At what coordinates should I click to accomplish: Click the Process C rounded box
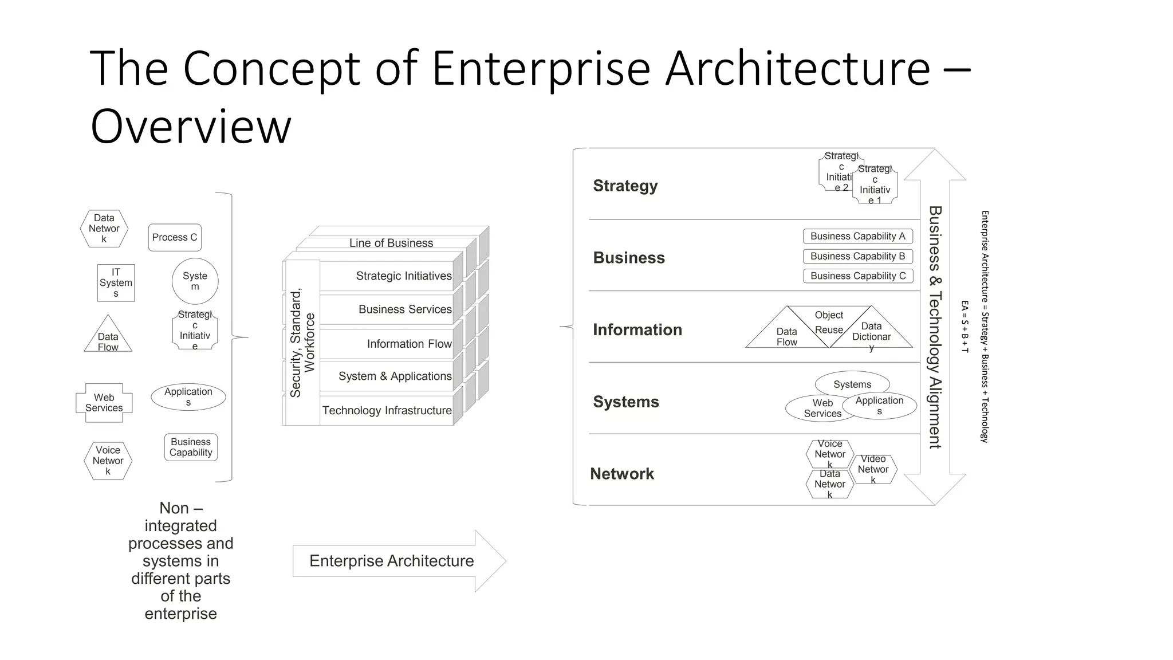[x=175, y=237]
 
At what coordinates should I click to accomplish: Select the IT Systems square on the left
[x=116, y=282]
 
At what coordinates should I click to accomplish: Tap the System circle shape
[x=195, y=281]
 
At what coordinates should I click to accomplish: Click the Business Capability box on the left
[x=191, y=447]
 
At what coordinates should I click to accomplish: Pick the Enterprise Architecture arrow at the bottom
[x=392, y=560]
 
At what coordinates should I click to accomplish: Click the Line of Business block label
[x=391, y=243]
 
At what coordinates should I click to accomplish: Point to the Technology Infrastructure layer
[x=387, y=410]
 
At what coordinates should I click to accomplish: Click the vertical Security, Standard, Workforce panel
[x=302, y=343]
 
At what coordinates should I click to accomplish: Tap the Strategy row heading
[x=625, y=186]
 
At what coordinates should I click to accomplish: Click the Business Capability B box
[x=857, y=256]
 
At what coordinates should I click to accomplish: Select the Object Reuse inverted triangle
[x=829, y=322]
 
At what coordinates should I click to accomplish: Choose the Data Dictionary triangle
[x=871, y=332]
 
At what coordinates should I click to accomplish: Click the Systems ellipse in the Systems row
[x=852, y=384]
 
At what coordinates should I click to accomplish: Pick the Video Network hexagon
[x=873, y=469]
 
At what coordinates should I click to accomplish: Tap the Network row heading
[x=621, y=474]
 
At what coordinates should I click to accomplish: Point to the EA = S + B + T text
[x=965, y=327]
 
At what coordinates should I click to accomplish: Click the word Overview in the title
[x=191, y=127]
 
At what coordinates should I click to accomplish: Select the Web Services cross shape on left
[x=104, y=402]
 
